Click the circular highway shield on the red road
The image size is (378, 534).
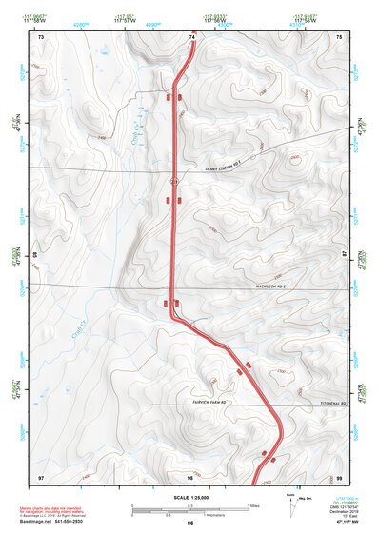[x=174, y=179]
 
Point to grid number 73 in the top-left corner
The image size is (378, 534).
[x=42, y=37]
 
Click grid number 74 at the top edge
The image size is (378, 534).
[x=193, y=37]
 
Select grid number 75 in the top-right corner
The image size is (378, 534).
[x=340, y=37]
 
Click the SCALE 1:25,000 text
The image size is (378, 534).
[x=189, y=497]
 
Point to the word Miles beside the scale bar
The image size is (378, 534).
[x=252, y=504]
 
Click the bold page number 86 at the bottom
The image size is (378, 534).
[x=190, y=524]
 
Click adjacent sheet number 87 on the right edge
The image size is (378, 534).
[x=344, y=255]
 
